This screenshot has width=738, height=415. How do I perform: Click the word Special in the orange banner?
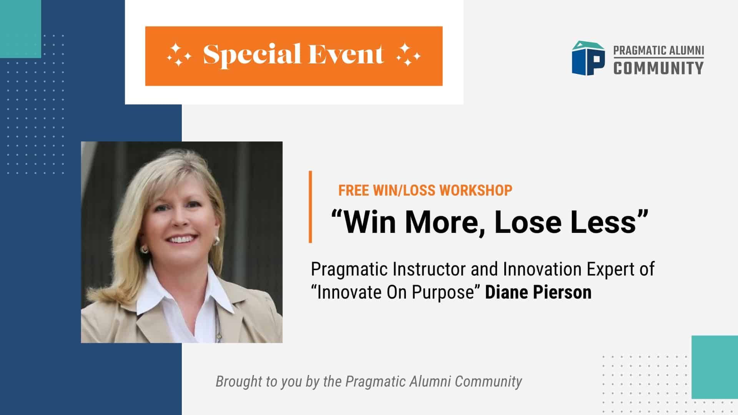pos(252,55)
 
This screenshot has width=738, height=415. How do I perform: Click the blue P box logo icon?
pos(588,58)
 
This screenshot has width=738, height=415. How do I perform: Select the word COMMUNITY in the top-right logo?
pos(658,68)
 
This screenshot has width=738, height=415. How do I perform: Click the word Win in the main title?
pos(369,222)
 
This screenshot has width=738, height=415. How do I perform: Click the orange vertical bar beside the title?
pos(310,207)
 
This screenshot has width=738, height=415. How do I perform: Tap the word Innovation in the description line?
pos(542,269)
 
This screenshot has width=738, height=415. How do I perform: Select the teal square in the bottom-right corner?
pos(715,367)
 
